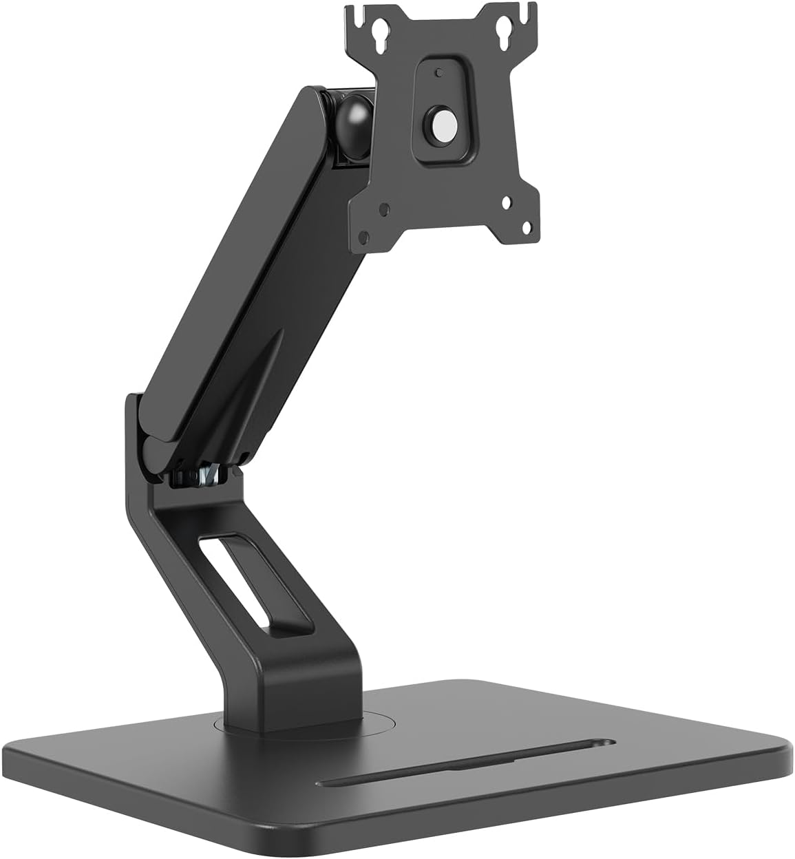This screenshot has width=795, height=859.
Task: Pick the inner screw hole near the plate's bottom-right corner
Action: pos(507,202)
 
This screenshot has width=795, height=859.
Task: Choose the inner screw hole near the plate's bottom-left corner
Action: pos(387,206)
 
